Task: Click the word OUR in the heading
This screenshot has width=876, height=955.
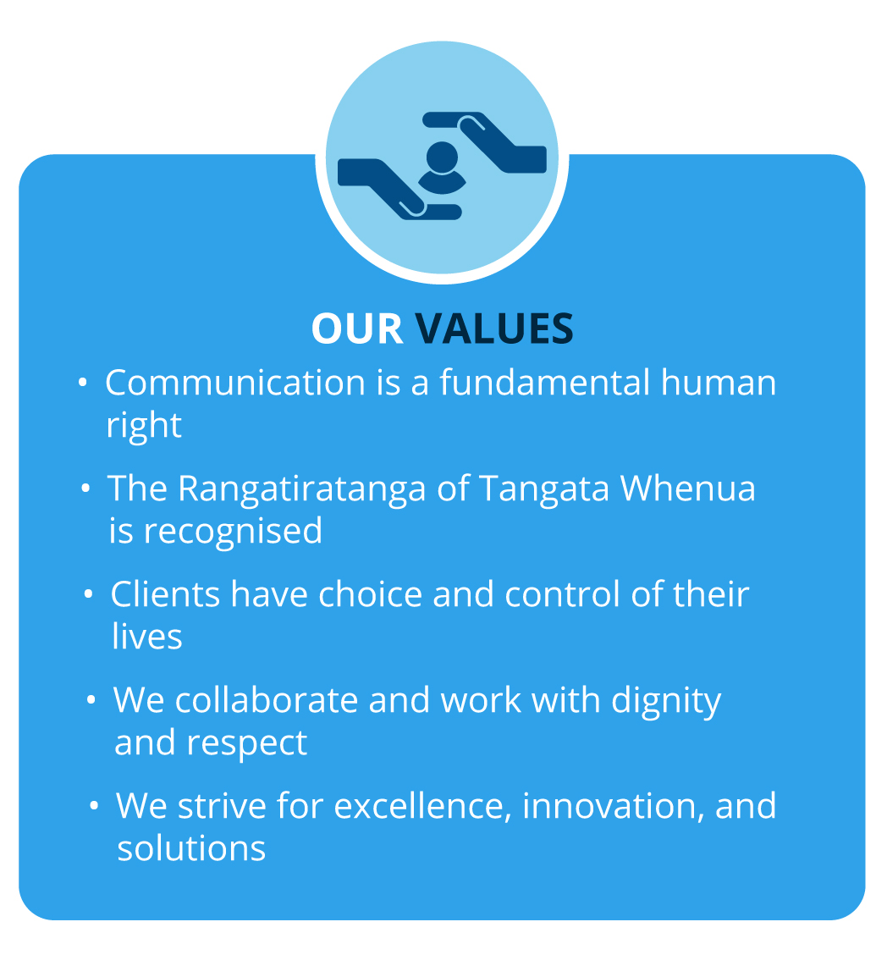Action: pos(356,328)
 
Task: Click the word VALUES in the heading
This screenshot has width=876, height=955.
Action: pos(494,328)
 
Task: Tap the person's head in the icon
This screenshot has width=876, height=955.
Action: pos(442,157)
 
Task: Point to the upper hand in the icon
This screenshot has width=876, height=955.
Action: pos(485,141)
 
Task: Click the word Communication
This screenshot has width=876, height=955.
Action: pos(235,383)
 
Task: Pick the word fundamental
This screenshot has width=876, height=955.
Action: pos(545,383)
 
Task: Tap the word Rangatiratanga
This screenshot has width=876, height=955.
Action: pos(302,489)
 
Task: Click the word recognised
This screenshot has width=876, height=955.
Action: pos(233,532)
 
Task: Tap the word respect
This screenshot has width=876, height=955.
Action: pos(246,744)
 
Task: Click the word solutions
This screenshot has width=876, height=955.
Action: pos(192,848)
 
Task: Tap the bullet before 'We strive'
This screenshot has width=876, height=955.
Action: pos(94,806)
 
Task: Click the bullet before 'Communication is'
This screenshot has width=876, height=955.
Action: pos(83,383)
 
